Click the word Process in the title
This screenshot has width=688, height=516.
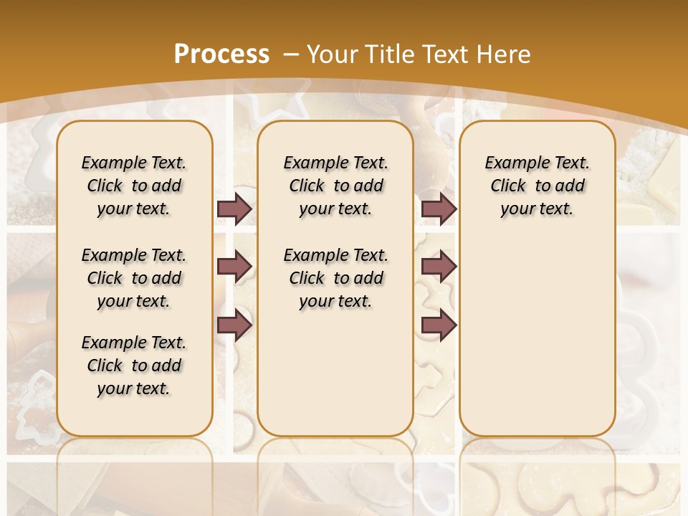tap(221, 54)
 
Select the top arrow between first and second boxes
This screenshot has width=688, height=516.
tap(234, 209)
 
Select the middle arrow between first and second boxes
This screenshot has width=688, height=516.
tap(234, 267)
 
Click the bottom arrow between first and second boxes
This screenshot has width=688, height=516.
tap(234, 325)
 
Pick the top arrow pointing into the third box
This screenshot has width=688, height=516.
tap(439, 209)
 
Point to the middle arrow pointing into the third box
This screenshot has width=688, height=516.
tap(439, 267)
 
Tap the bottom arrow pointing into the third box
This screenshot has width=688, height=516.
tap(439, 325)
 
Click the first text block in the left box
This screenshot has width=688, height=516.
tap(134, 186)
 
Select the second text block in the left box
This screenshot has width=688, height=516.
tap(134, 278)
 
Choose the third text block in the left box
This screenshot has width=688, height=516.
tap(134, 365)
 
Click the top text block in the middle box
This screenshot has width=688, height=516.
tap(335, 186)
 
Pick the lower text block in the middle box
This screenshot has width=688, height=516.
tap(335, 278)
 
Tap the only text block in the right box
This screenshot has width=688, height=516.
tap(537, 186)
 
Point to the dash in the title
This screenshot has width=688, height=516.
tap(291, 54)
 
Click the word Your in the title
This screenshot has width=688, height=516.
tap(333, 54)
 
